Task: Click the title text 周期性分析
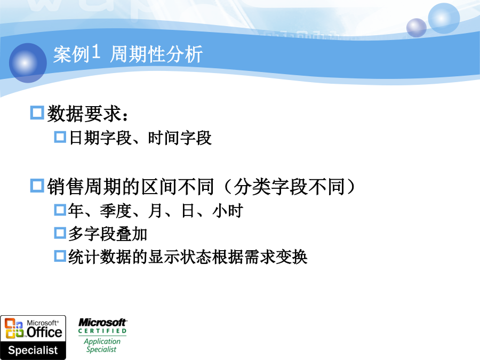pos(156,54)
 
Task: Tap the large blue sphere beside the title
pos(28,63)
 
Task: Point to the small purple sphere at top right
pos(417,28)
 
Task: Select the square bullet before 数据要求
pos(37,113)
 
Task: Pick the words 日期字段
pos(100,138)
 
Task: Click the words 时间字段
pos(180,138)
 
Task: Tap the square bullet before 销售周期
pos(37,186)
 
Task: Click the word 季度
pos(116,211)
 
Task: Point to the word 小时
pos(228,211)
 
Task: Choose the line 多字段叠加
pos(108,234)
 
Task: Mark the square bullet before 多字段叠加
pos(60,233)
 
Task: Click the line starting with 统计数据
pos(188,257)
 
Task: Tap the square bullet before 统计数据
pos(60,256)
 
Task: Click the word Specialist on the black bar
pos(33,350)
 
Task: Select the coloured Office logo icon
pos(14,328)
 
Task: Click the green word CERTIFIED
pos(102,331)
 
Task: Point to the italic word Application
pos(102,341)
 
